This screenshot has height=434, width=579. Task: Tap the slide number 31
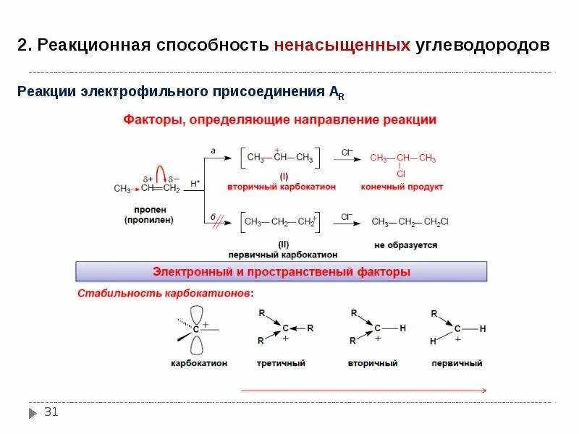(51, 412)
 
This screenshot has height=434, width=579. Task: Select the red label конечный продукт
(402, 187)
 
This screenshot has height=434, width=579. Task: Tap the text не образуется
(405, 245)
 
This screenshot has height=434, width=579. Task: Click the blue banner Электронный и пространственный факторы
(282, 272)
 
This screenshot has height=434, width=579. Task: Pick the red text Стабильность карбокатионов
(166, 294)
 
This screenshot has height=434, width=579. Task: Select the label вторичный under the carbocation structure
(373, 362)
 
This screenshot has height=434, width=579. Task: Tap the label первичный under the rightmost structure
(456, 362)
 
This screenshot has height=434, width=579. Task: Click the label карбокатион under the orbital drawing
(199, 362)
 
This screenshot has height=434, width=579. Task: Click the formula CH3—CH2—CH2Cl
(410, 221)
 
